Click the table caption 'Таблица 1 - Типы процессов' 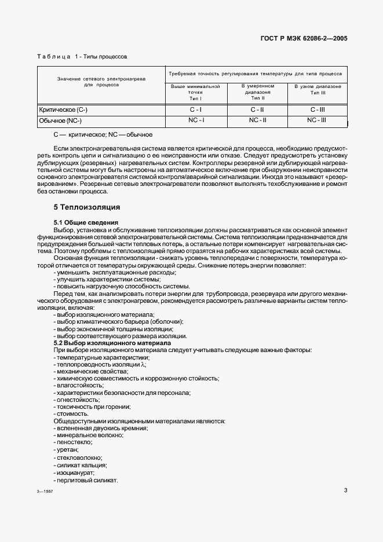tap(82, 57)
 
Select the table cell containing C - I tap(196, 109)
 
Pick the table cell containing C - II tap(257, 109)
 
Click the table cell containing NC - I tap(196, 120)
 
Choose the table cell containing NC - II tap(257, 120)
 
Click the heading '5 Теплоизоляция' tap(86, 207)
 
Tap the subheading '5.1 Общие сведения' tap(85, 222)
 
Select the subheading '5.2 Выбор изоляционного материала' tap(112, 343)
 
